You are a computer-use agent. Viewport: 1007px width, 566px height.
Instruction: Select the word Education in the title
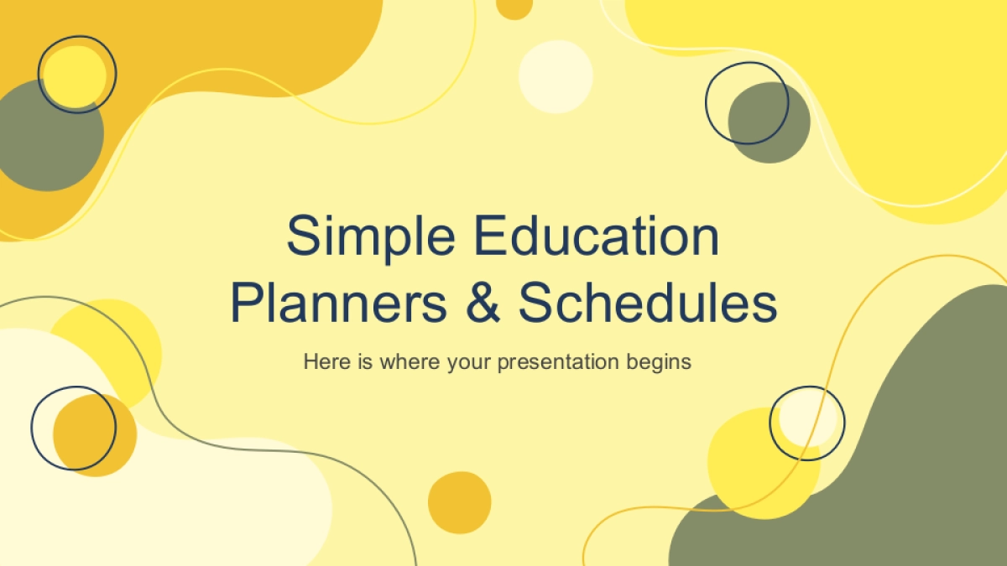(x=597, y=236)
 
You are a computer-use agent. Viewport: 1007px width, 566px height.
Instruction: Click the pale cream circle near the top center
(x=556, y=77)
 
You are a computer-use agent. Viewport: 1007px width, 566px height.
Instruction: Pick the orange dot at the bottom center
(x=460, y=502)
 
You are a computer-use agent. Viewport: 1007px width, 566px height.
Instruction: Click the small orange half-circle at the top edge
(x=514, y=9)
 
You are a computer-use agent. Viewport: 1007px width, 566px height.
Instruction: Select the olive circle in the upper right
(x=770, y=122)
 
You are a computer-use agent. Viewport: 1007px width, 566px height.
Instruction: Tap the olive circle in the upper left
(x=49, y=136)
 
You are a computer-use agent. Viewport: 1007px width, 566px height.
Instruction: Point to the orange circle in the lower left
(x=95, y=435)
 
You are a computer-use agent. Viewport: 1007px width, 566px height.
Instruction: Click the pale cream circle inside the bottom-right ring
(x=808, y=418)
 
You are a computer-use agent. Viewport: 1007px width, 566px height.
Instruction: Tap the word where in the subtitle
(x=410, y=361)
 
